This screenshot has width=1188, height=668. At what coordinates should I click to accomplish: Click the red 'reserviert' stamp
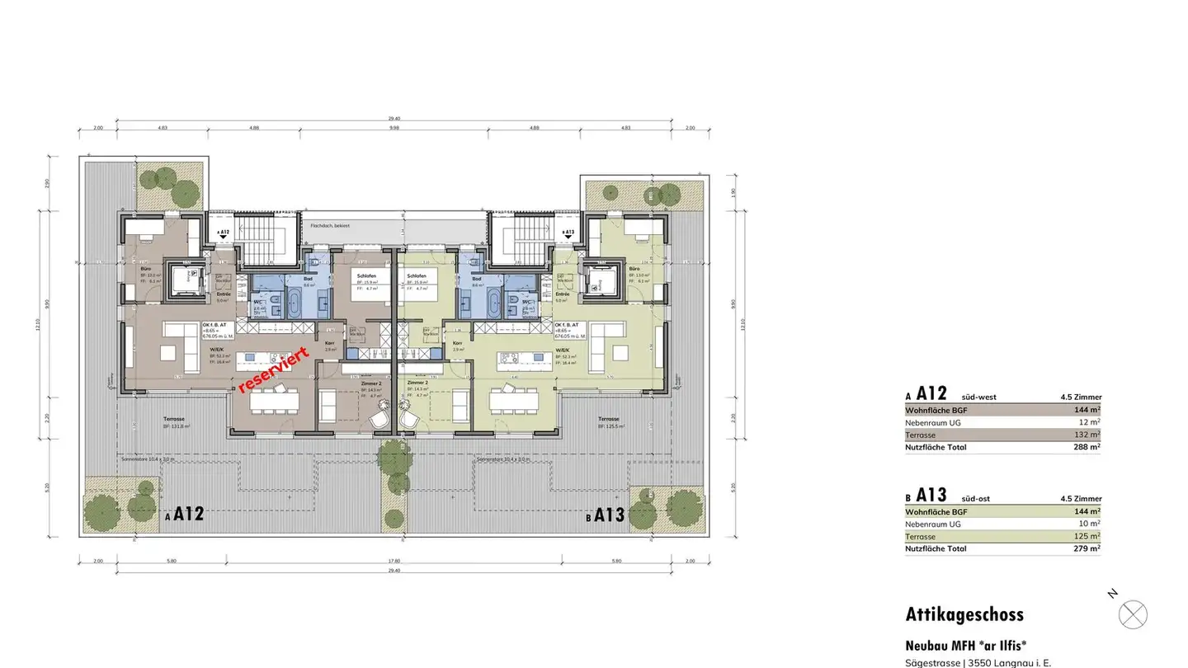click(x=273, y=370)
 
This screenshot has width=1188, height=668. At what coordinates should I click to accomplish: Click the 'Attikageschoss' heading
click(x=964, y=614)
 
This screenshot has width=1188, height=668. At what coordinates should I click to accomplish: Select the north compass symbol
click(x=1133, y=614)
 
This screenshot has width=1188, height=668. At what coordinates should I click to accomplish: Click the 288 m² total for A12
click(x=1087, y=447)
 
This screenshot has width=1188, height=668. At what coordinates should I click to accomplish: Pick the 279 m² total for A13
click(x=1087, y=548)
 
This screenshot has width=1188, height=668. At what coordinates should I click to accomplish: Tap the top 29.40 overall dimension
click(x=394, y=119)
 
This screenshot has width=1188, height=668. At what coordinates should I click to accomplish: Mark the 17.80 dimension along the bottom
click(x=394, y=561)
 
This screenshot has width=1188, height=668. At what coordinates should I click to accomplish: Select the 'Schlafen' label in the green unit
click(x=417, y=275)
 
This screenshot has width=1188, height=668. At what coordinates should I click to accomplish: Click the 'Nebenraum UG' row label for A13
click(x=932, y=524)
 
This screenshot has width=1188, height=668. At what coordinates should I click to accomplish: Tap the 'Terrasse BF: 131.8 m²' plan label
click(x=176, y=422)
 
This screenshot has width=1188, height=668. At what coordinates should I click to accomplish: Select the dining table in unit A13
click(x=516, y=402)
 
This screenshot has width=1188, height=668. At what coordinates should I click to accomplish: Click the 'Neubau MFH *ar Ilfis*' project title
click(x=965, y=646)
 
